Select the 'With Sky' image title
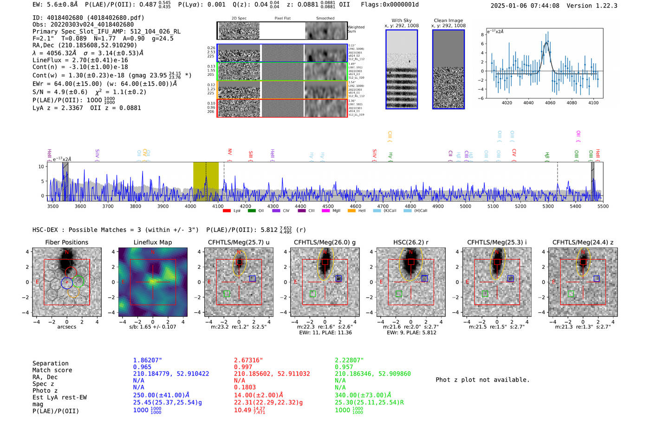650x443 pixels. pos(401,20)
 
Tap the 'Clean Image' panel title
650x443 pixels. pos(448,20)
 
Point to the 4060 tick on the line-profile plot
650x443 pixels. pos(550,103)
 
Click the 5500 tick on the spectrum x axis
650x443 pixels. pos(603,206)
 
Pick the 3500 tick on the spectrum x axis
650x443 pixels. pos(53,206)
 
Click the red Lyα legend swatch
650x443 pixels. pos(227,211)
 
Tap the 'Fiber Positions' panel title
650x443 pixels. pos(66,242)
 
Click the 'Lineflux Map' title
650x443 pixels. pos(152,242)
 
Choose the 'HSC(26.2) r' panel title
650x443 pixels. pos(410,242)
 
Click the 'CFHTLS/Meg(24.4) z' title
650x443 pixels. pos(583,242)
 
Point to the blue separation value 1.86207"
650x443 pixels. pos(147,360)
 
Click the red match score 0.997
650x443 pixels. pos(243,367)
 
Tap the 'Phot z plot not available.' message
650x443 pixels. pos(482,380)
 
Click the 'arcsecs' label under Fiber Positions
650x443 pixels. pos(66,327)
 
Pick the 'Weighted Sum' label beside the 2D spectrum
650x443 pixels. pos(356,29)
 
